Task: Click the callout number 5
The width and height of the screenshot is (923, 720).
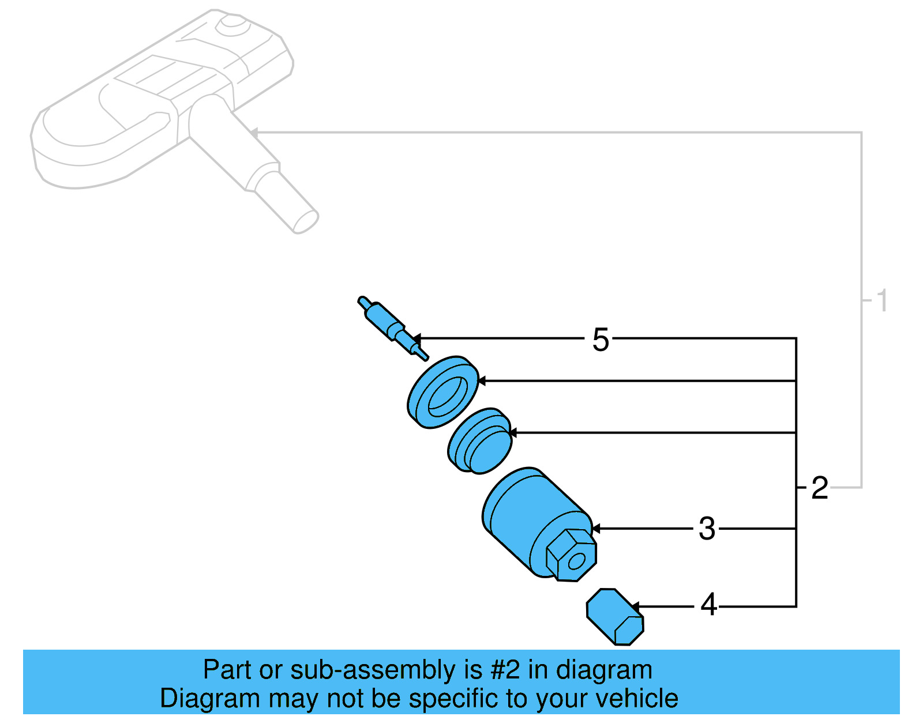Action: pyautogui.click(x=601, y=340)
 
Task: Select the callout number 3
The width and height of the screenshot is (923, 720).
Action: pyautogui.click(x=707, y=529)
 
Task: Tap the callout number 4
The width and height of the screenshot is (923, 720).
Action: pyautogui.click(x=708, y=605)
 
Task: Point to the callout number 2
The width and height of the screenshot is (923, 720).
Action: pyautogui.click(x=819, y=488)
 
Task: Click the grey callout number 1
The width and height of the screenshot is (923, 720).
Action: pyautogui.click(x=881, y=301)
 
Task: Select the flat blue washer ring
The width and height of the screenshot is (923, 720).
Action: pyautogui.click(x=442, y=392)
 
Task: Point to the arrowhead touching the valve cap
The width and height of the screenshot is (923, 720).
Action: pyautogui.click(x=635, y=607)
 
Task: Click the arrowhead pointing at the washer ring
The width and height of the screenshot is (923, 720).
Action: pyautogui.click(x=482, y=381)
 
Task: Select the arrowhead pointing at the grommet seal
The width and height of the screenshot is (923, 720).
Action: pyautogui.click(x=512, y=432)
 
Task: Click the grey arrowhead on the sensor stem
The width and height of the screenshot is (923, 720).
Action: pyautogui.click(x=254, y=133)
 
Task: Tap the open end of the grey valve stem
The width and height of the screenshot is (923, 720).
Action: pyautogui.click(x=306, y=222)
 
